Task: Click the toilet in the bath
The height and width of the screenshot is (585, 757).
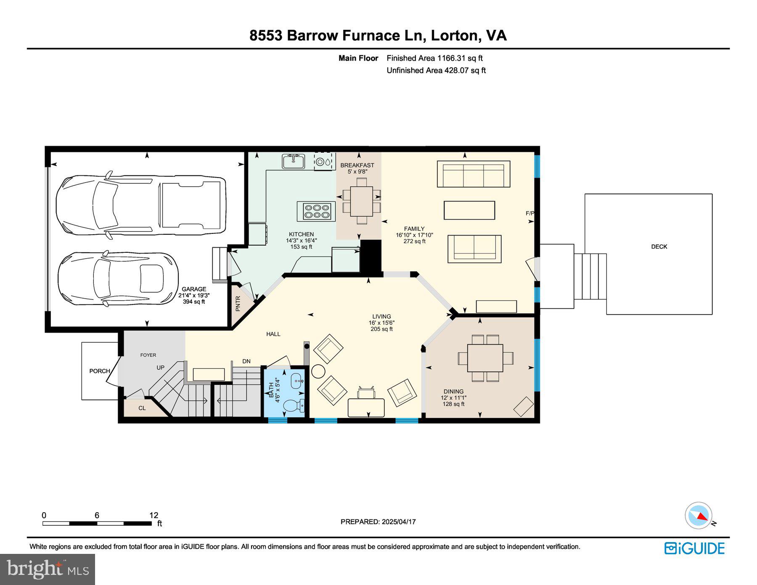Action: [294, 405]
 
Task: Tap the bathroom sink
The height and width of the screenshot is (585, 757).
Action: [297, 381]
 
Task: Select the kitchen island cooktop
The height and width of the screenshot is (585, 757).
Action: [316, 211]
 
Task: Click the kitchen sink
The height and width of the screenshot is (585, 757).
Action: [294, 161]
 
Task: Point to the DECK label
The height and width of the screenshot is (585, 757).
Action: [659, 247]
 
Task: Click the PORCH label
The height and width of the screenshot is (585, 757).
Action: [100, 371]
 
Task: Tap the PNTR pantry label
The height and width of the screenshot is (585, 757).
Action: [238, 303]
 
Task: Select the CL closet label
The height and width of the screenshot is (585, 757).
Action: [142, 408]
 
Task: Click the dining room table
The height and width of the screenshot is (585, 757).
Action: [485, 358]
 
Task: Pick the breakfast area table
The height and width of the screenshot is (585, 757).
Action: [361, 201]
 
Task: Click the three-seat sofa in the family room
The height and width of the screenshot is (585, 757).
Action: [474, 174]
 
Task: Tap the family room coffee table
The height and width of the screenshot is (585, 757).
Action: [469, 210]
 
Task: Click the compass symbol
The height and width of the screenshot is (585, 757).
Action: [699, 516]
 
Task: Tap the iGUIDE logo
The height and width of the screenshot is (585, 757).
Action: [694, 548]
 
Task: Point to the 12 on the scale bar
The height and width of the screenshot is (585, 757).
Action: [154, 515]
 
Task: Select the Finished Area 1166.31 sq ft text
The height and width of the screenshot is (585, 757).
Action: [434, 58]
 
